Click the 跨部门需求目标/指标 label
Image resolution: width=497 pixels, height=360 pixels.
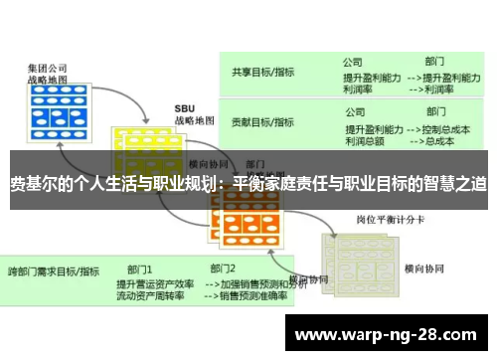coord(54,270)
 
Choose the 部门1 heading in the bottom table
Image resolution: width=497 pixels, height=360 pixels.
coord(139,269)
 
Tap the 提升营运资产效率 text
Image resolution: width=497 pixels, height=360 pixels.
coord(155,282)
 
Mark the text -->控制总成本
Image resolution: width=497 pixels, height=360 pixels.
coord(438,128)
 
